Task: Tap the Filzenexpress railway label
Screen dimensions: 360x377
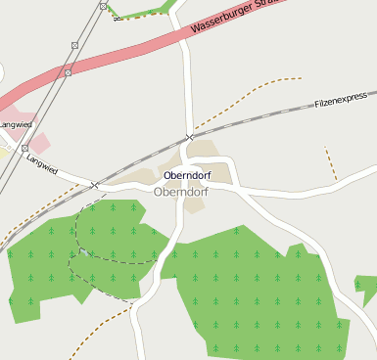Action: (x=341, y=99)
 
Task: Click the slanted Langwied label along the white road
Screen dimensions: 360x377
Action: (x=42, y=163)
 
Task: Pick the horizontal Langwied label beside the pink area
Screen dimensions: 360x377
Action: (x=15, y=124)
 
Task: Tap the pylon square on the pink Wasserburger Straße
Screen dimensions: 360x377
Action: (x=68, y=73)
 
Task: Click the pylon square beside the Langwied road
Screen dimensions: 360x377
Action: (x=25, y=149)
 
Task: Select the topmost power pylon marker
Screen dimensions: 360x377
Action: (x=103, y=6)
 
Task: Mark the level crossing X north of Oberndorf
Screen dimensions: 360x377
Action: (x=189, y=137)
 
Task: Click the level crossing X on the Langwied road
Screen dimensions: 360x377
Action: (x=95, y=185)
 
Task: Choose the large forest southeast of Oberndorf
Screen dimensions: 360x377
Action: (x=255, y=293)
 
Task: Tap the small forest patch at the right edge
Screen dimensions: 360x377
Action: (x=367, y=290)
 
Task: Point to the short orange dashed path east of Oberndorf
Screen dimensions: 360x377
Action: (x=330, y=162)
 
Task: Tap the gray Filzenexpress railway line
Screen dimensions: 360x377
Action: (x=274, y=112)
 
